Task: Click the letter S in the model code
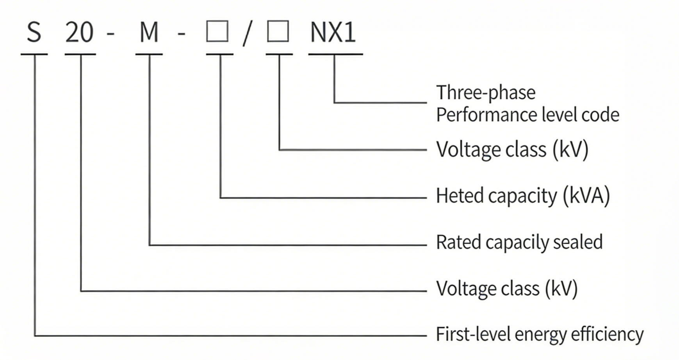[x=34, y=32]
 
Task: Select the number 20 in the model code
[x=80, y=32]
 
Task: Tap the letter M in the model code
[x=149, y=32]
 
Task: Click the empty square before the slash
[x=217, y=31]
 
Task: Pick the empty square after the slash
[x=278, y=31]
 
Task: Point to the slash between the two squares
[x=247, y=33]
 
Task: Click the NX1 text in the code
[x=333, y=32]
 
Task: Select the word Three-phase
[x=486, y=93]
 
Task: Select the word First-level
[x=473, y=334]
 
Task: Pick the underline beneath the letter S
[x=34, y=54]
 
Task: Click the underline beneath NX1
[x=335, y=54]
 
